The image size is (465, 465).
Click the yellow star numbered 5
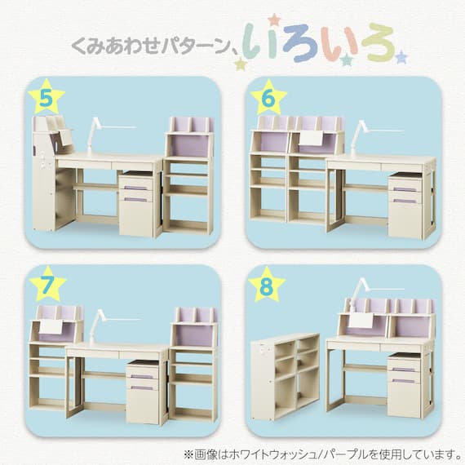point(46,98)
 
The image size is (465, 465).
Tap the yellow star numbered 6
point(268,99)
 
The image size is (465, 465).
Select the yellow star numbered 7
point(47,285)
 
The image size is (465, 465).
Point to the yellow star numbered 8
point(267,286)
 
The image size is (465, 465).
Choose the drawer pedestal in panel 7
point(143,392)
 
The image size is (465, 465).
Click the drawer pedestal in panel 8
point(405,385)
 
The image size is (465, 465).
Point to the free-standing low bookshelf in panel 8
point(285,377)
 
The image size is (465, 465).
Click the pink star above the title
point(274,20)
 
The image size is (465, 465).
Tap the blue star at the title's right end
point(401,57)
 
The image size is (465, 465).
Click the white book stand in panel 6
point(311,139)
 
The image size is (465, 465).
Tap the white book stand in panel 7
point(51,326)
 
